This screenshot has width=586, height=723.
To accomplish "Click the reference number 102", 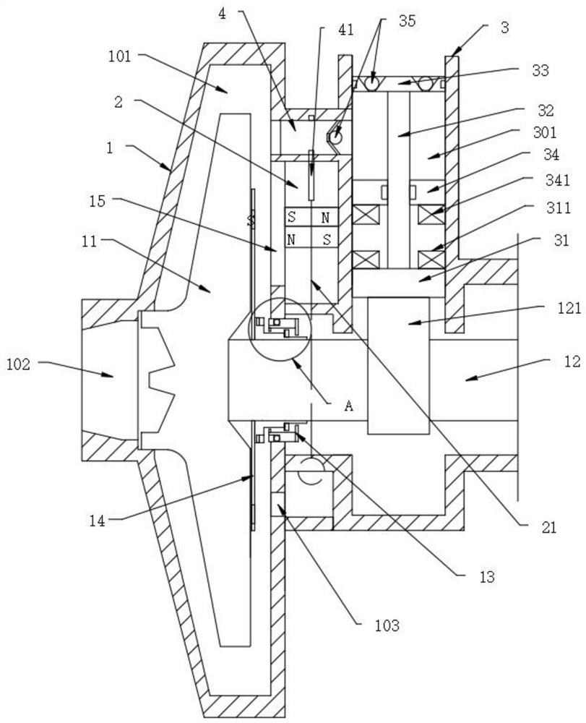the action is pos(19,364).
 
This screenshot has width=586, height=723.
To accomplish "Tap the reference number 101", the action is pos(120,56).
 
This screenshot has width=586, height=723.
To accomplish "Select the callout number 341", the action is pos(557,180).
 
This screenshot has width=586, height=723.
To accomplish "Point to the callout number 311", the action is pos(559,208).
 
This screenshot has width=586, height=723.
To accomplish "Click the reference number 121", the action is pos(569,308).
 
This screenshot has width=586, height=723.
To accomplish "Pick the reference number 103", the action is pos(387,625).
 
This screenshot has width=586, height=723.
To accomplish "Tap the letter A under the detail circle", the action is pos(349,406).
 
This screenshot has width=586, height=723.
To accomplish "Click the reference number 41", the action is pos(346,30).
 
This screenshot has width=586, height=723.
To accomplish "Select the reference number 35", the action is pos(407,21).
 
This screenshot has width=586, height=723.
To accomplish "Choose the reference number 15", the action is pos(98,201).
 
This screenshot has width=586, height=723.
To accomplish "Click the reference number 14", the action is pos(98,521).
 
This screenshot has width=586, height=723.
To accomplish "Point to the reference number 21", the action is pos(548,527).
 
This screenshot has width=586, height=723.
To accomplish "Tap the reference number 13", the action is pos(486,577).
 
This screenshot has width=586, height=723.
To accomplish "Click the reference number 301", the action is pos(545,133).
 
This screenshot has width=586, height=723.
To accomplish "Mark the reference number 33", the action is pos(540,71).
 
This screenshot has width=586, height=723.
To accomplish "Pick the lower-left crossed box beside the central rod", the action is pos(366,259).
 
